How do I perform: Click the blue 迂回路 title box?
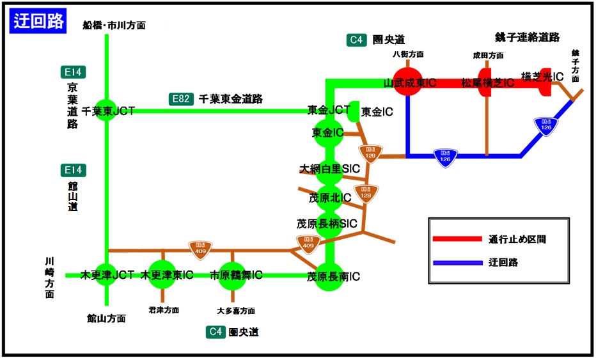coord(39,20)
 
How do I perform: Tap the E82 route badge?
coord(182,99)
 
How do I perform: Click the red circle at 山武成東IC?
coord(408,81)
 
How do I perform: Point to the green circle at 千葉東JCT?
coord(106,111)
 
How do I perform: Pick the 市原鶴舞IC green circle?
coord(233,276)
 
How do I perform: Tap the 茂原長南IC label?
coord(333,277)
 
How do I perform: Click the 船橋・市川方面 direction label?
coord(114,26)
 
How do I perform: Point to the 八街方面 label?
coord(408,54)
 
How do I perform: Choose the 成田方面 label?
coord(488,56)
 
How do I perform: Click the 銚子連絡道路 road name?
coord(536,38)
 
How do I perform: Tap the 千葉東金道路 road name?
coord(231,99)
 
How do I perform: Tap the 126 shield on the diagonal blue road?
coord(545,125)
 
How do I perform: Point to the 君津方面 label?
coord(164,309)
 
